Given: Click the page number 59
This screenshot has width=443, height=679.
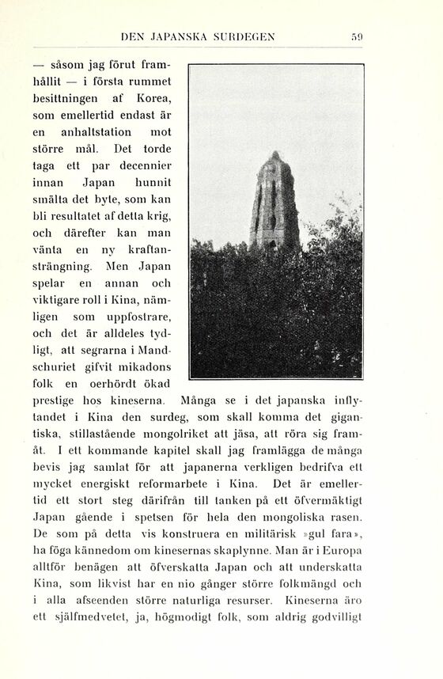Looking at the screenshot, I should click(x=357, y=36).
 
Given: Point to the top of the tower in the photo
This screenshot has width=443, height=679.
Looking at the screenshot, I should click(x=275, y=154).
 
